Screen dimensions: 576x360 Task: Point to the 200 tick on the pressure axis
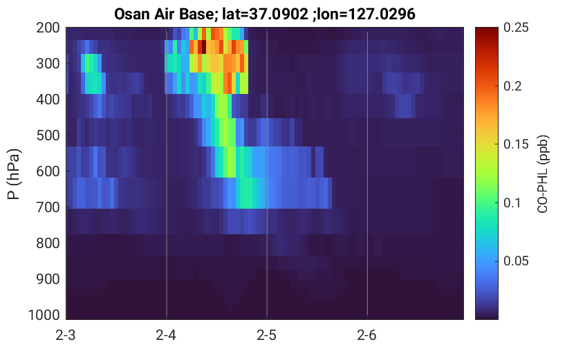(x=48, y=28)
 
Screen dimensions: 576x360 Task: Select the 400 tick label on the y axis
(x=48, y=100)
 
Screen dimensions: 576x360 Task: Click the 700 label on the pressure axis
(x=48, y=207)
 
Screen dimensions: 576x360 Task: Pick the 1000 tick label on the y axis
(x=44, y=315)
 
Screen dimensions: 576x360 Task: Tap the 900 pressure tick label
(x=48, y=279)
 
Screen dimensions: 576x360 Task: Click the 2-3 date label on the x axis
(x=66, y=335)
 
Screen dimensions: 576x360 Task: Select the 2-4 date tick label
(x=166, y=335)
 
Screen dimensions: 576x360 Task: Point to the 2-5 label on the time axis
(x=267, y=335)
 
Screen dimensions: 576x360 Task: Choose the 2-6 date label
(x=367, y=335)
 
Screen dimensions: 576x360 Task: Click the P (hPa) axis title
(x=14, y=174)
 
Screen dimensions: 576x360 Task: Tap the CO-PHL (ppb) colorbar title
(x=543, y=174)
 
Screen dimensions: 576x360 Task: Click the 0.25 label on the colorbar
(x=516, y=28)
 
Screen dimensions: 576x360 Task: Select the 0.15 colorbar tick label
(x=516, y=144)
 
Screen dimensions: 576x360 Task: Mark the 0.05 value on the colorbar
(x=516, y=261)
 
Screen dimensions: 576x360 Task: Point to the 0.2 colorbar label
(x=512, y=86)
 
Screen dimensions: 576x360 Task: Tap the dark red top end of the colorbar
(x=487, y=30)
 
